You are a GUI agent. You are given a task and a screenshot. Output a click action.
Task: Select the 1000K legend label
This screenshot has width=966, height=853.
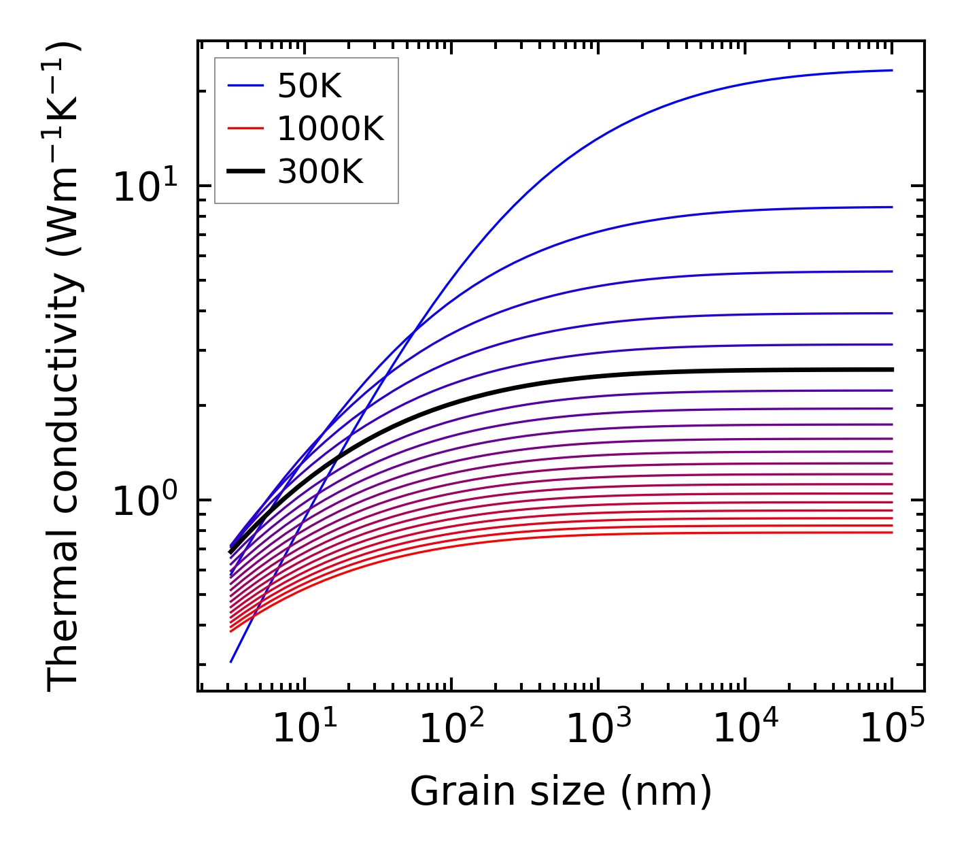[330, 129]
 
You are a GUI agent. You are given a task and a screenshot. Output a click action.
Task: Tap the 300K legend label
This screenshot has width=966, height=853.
[320, 172]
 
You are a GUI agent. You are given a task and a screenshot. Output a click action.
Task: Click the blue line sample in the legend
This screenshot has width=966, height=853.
[245, 86]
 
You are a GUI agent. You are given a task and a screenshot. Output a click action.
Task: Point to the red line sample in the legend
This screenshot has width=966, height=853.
[245, 129]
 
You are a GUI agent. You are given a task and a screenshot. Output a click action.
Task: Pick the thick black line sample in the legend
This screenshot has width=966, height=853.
[245, 172]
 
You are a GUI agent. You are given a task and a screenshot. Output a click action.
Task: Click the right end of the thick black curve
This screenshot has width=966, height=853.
[891, 369]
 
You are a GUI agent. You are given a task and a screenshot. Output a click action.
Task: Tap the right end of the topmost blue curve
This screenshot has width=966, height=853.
[891, 70]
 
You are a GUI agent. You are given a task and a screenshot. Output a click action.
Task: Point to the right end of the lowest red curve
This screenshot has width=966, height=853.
[891, 532]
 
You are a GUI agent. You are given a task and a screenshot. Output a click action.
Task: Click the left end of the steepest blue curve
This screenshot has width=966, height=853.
[232, 661]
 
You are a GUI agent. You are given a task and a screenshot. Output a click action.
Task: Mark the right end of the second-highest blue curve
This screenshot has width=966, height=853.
[891, 207]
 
